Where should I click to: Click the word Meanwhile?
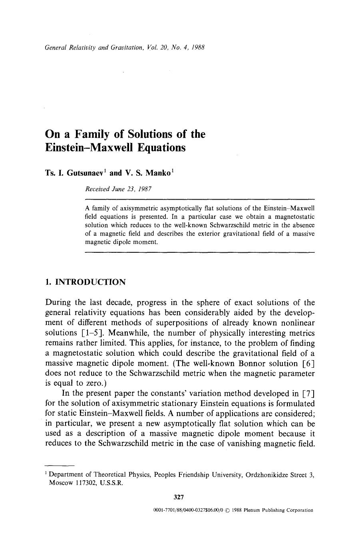tap(117, 333)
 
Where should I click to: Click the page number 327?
tap(179, 497)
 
